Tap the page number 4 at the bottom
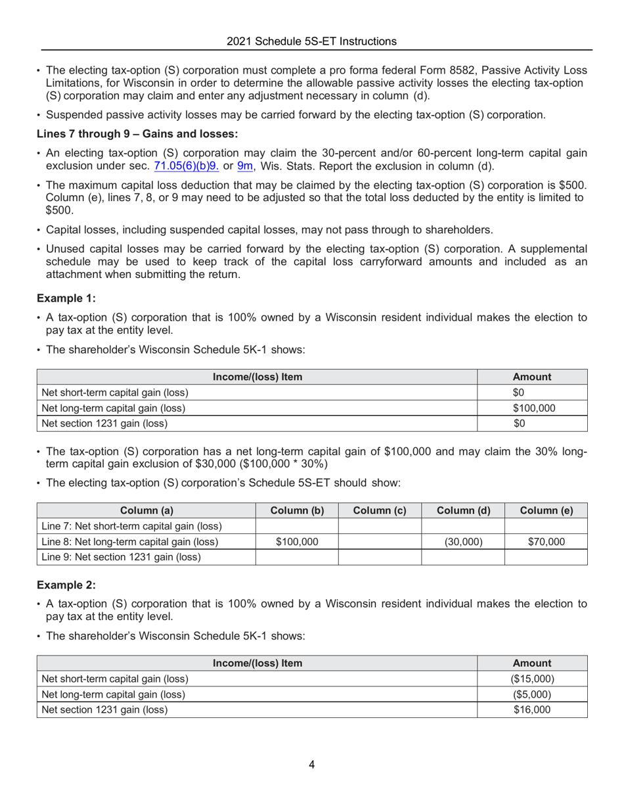tap(311, 765)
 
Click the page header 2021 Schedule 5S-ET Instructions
tap(311, 41)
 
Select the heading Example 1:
tap(66, 298)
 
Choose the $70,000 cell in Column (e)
tap(545, 542)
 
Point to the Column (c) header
tap(379, 510)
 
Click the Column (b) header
tap(296, 510)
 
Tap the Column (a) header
tap(146, 510)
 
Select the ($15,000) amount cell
tap(533, 679)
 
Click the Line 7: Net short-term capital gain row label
tap(131, 526)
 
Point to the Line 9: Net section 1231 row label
tap(122, 557)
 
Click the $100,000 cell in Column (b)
tap(296, 542)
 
